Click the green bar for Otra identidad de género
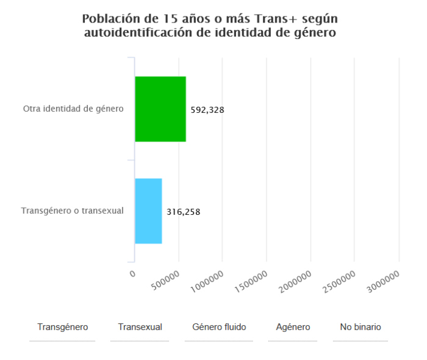[x=160, y=109]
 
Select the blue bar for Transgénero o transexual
[x=148, y=211]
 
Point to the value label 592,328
[x=207, y=110]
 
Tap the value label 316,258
[x=184, y=212]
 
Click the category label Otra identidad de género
[x=73, y=109]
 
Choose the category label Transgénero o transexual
[x=73, y=211]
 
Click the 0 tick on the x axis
[x=132, y=274]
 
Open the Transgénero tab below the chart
[x=62, y=328]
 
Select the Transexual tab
[x=140, y=328]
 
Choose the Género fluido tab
[x=219, y=328]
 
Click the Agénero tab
[x=293, y=328]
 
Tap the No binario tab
[x=361, y=328]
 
